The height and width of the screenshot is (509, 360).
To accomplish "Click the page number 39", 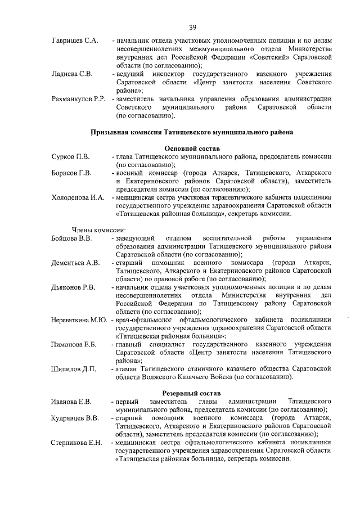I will click(x=192, y=27).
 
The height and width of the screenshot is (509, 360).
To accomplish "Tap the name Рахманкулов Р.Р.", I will click(x=79, y=99).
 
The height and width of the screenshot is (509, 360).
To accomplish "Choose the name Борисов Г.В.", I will click(x=71, y=173).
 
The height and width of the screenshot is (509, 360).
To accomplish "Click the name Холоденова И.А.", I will click(x=78, y=197).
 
